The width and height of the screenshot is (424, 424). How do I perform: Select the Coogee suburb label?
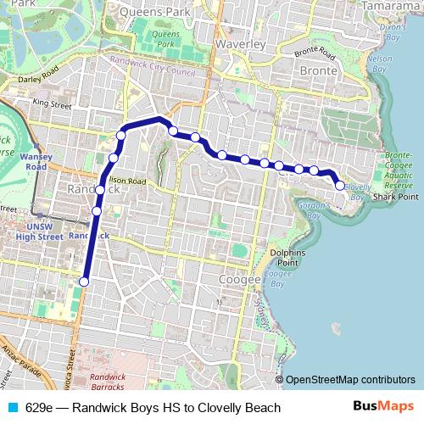pos(233,277)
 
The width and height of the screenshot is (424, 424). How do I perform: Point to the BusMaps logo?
pos(384,407)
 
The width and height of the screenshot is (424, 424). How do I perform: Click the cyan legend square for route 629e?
pos(13,408)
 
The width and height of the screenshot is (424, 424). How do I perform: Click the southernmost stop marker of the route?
pos(84,282)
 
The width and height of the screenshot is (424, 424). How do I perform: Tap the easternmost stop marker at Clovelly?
pos(340,186)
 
